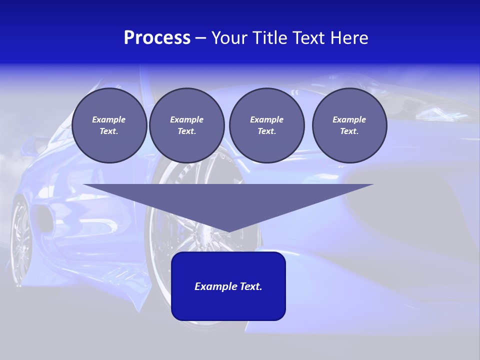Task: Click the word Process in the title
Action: pos(157,38)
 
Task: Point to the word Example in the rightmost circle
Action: pos(349,119)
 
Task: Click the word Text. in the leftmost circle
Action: pos(109,131)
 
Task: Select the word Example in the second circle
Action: pos(186,119)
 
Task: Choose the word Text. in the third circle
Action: pos(266,131)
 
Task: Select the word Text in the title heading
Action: pos(307,38)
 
